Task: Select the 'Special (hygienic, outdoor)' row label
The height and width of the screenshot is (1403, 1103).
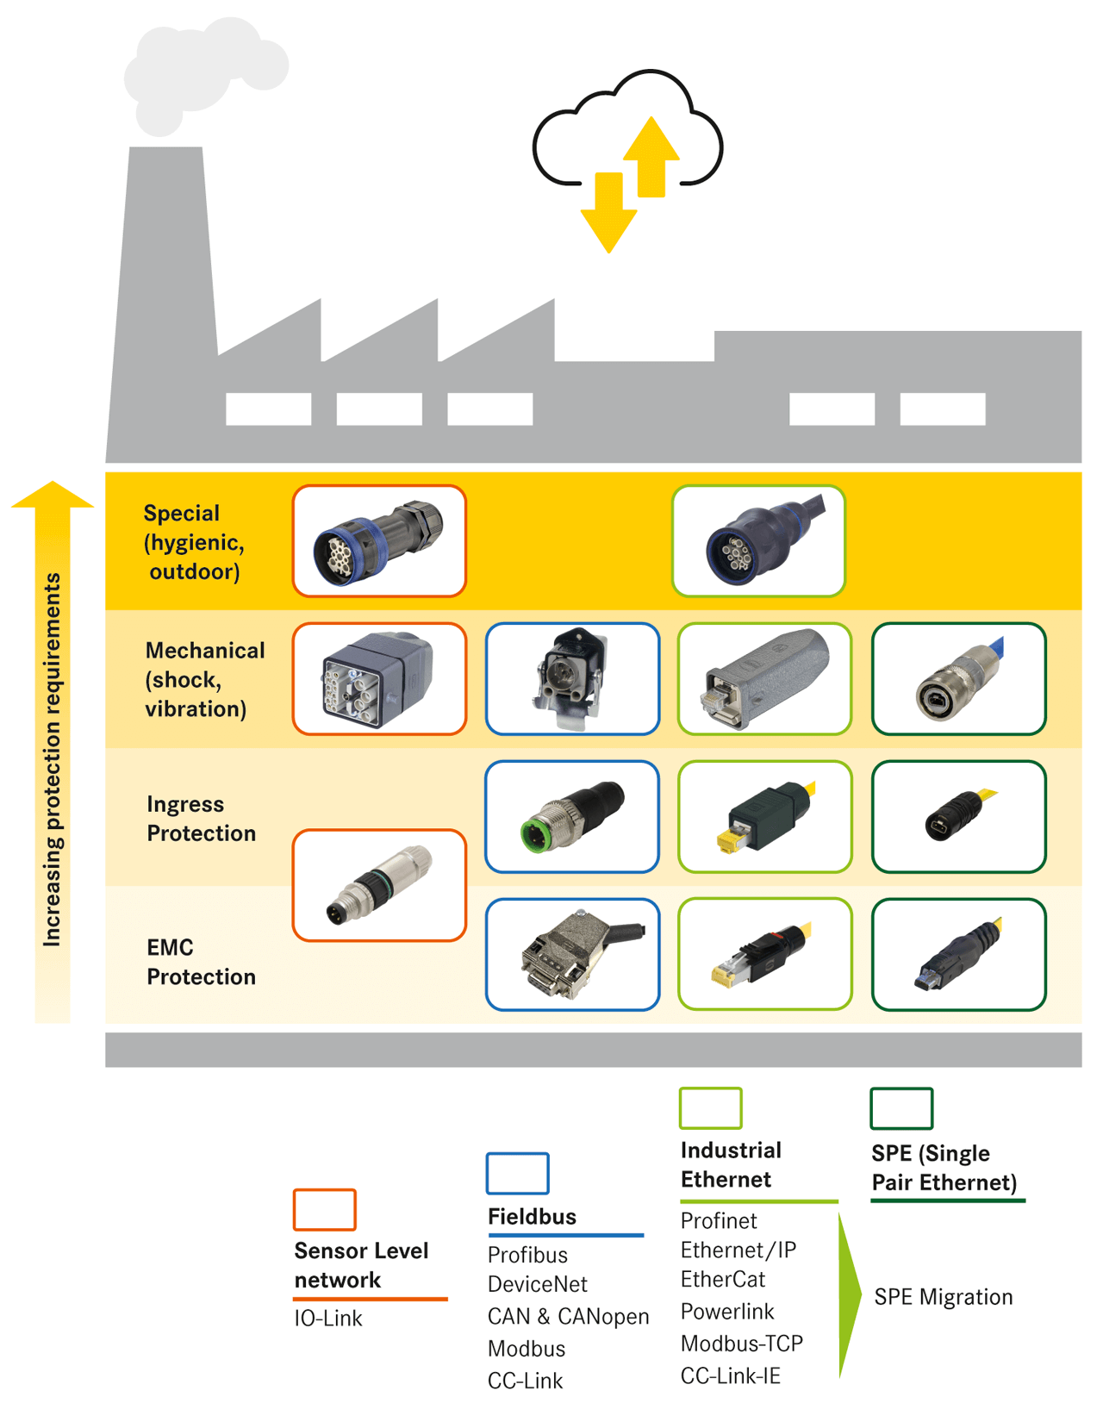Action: pyautogui.click(x=194, y=542)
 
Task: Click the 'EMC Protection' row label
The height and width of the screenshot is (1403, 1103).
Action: pyautogui.click(x=201, y=962)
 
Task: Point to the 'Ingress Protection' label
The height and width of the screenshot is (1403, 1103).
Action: pyautogui.click(x=201, y=819)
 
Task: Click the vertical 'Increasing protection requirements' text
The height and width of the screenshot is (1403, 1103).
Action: pyautogui.click(x=53, y=758)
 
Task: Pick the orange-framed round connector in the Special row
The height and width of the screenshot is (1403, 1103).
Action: pyautogui.click(x=379, y=541)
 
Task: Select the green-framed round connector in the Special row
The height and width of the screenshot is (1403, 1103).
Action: pyautogui.click(x=758, y=541)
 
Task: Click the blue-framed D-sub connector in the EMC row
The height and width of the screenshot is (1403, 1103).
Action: pyautogui.click(x=572, y=954)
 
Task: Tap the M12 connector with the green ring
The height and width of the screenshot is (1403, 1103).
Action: pyautogui.click(x=572, y=816)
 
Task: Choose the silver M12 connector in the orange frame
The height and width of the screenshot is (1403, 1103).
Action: pyautogui.click(x=379, y=885)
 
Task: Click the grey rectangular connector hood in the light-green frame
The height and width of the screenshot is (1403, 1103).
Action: pyautogui.click(x=764, y=679)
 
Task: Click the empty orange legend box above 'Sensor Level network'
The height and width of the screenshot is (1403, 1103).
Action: pyautogui.click(x=324, y=1209)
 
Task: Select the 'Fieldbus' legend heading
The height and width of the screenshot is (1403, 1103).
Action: pyautogui.click(x=532, y=1217)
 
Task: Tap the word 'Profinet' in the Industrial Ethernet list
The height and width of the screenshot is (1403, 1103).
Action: pyautogui.click(x=719, y=1221)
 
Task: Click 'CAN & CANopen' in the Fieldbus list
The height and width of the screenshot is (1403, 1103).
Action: pyautogui.click(x=568, y=1317)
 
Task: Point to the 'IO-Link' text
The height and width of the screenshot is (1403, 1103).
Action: pyautogui.click(x=328, y=1319)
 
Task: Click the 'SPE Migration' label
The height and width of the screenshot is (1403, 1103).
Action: pyautogui.click(x=943, y=1297)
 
